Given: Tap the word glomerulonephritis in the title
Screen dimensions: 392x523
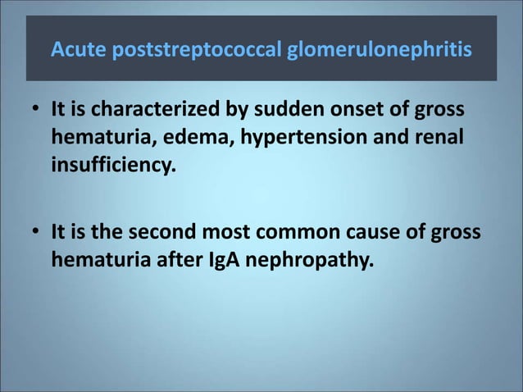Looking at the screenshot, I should coord(379,52).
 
